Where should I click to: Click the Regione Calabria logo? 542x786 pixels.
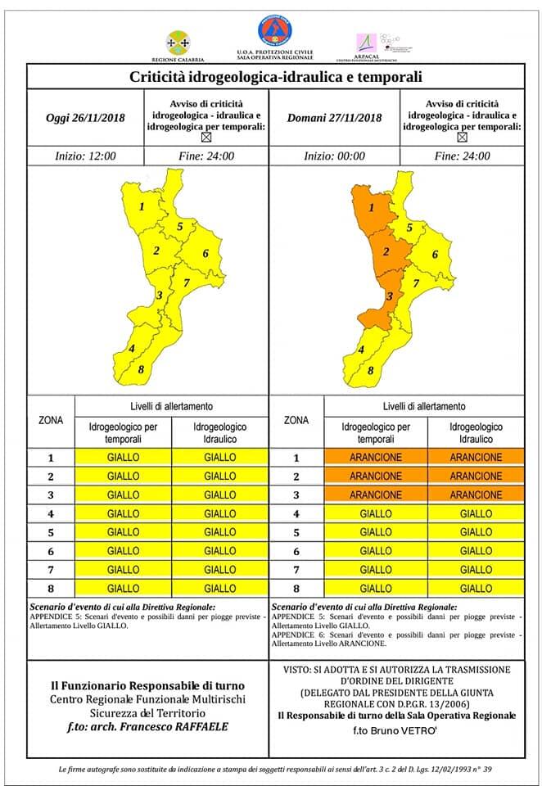click(177, 42)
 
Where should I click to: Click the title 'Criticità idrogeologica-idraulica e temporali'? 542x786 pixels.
click(276, 78)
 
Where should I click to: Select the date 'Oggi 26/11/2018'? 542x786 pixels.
click(85, 118)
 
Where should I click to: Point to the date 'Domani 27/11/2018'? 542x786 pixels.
click(335, 118)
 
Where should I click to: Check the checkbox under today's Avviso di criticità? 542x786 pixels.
click(206, 138)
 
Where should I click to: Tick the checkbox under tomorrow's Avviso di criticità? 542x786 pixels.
click(463, 138)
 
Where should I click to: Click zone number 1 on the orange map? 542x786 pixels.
click(372, 208)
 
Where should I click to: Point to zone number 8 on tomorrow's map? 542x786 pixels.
click(370, 370)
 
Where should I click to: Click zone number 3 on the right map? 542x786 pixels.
click(390, 296)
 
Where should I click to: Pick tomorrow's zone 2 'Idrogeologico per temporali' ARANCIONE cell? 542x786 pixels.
click(375, 477)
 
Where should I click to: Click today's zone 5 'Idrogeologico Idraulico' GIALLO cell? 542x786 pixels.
click(219, 532)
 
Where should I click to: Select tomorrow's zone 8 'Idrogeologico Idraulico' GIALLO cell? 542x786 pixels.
click(475, 588)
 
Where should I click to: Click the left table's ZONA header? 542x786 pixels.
click(51, 420)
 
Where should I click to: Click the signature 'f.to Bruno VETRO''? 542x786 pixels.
click(396, 730)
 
